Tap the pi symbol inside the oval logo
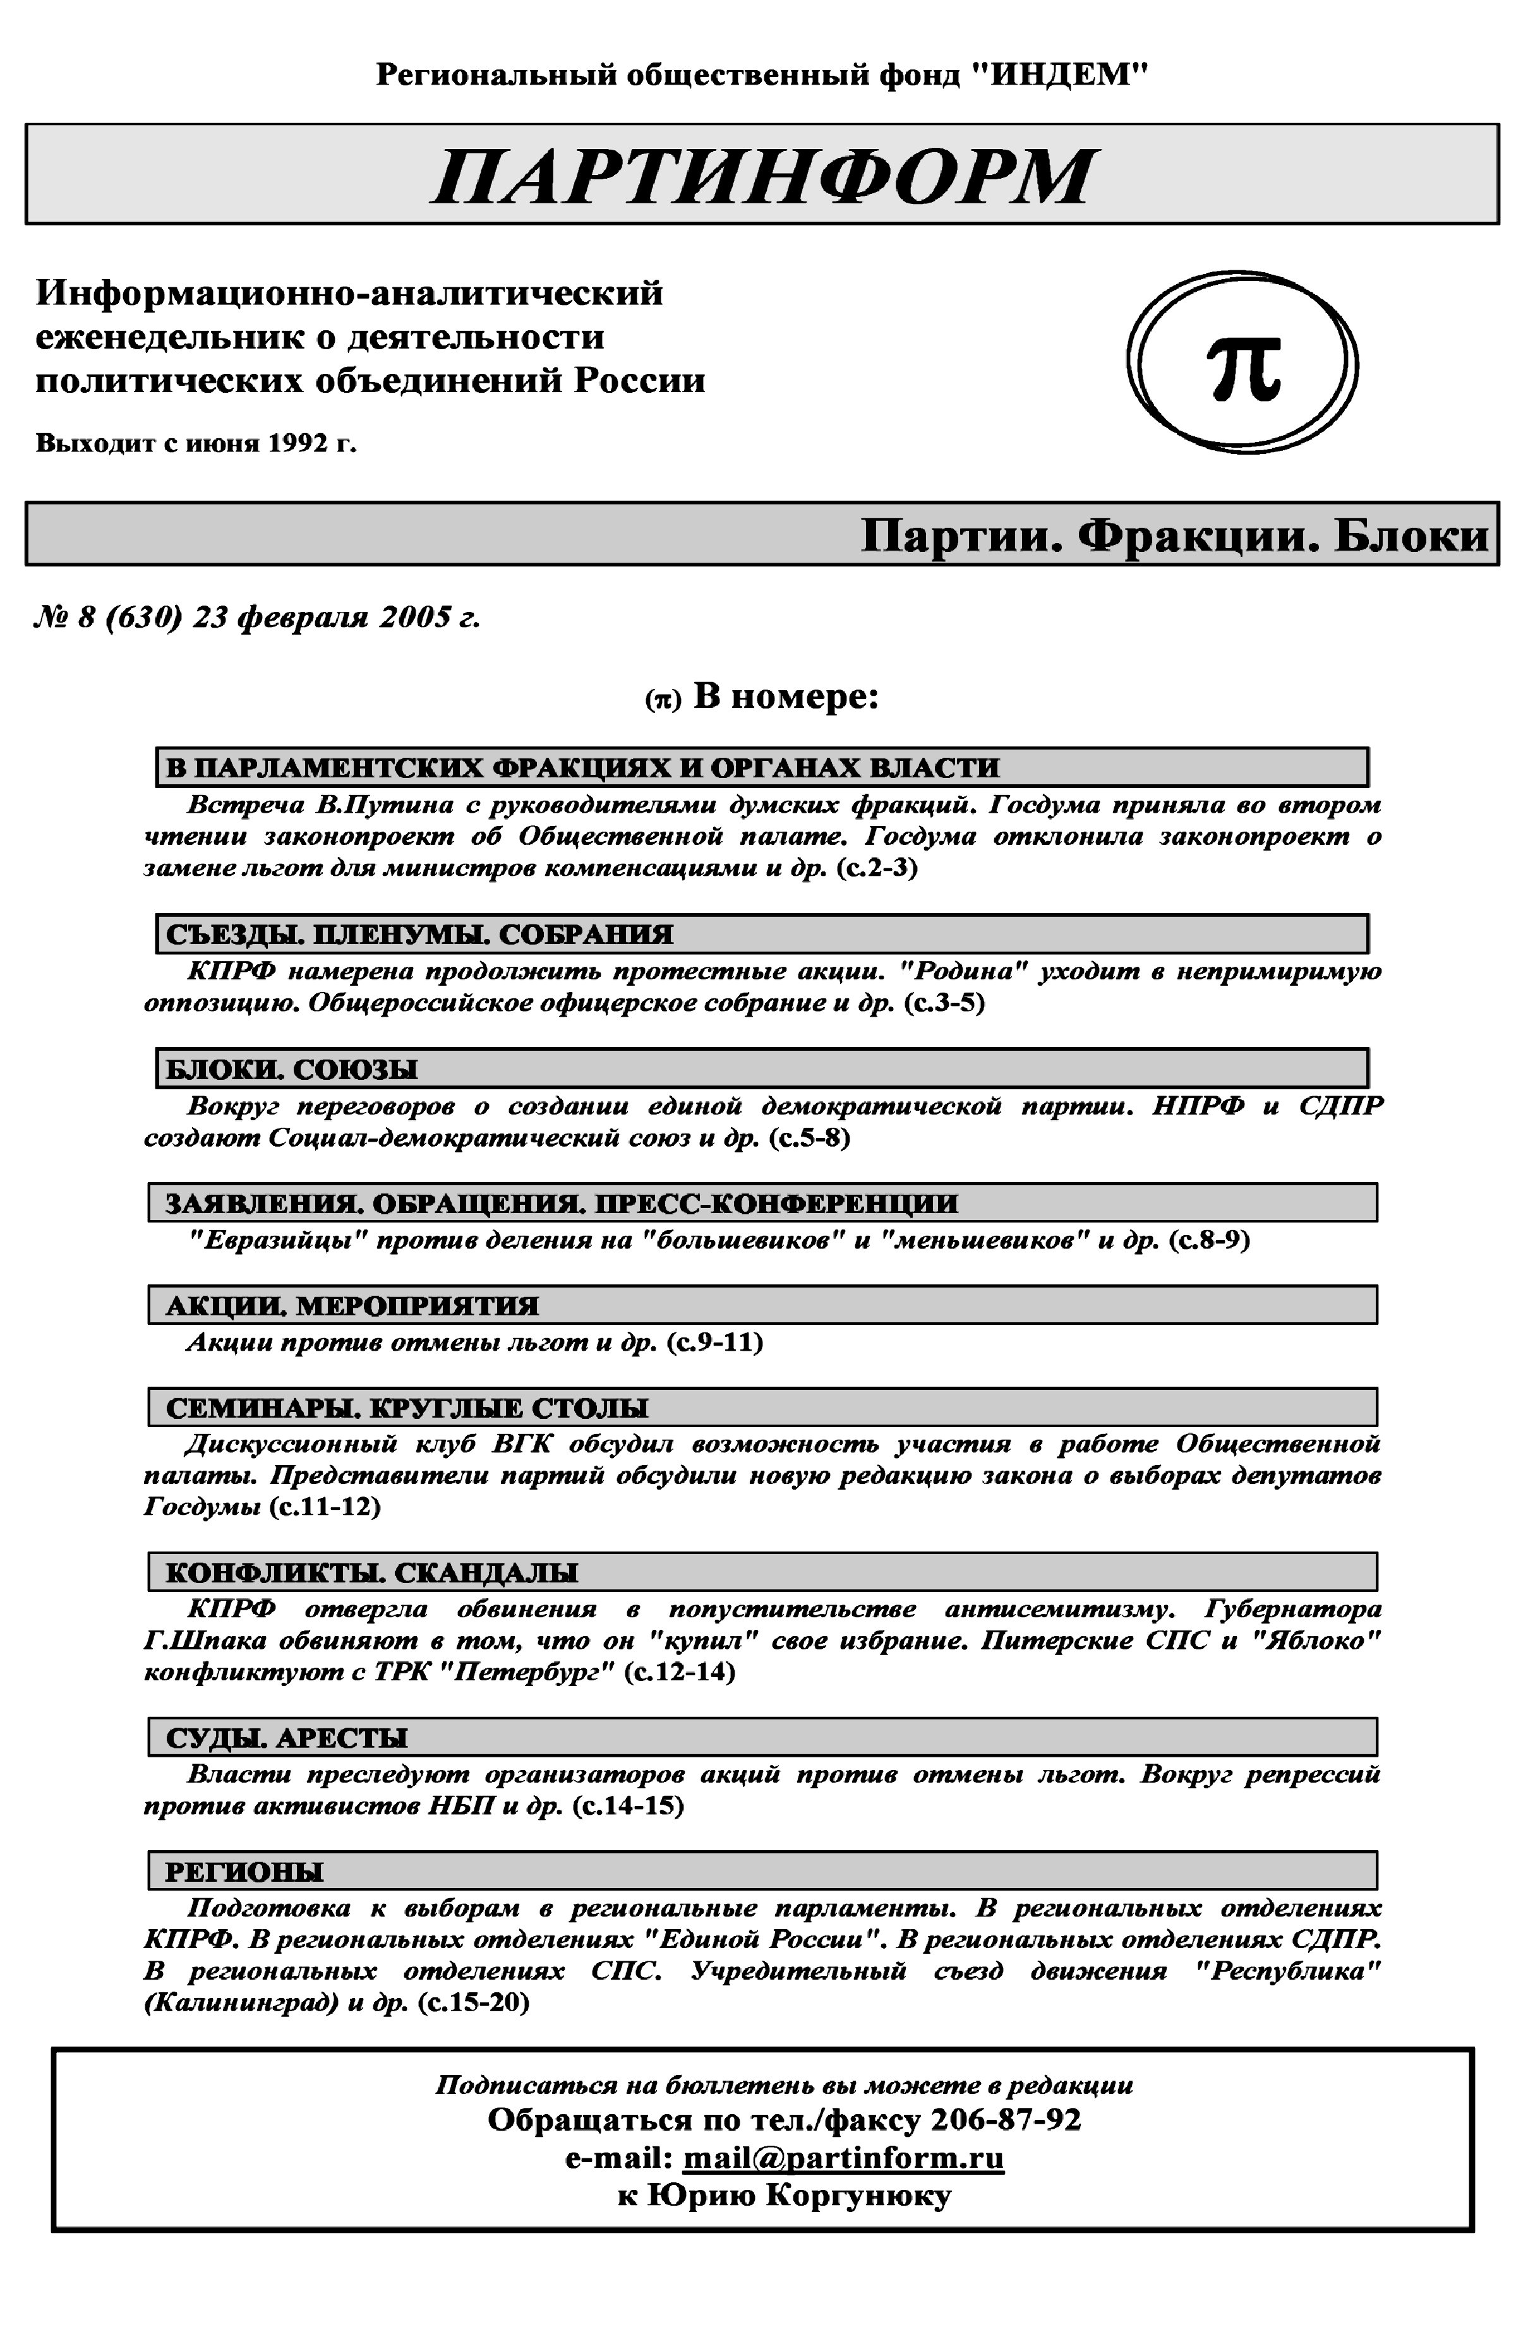(1244, 367)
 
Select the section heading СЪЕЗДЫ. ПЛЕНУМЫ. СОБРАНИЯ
(419, 934)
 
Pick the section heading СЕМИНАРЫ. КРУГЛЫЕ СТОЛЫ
(407, 1408)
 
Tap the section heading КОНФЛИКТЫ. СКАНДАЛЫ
(371, 1572)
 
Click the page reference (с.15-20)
(474, 2002)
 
